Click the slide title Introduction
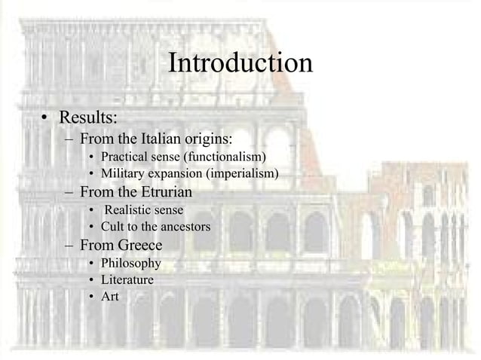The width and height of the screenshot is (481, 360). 240,63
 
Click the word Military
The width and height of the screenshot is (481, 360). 122,174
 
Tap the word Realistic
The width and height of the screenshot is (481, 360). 129,209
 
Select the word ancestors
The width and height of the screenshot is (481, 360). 183,227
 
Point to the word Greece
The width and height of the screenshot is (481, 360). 139,245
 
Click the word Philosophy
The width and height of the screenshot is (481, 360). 131,263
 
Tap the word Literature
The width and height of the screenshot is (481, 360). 127,280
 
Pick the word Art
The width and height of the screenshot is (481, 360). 110,297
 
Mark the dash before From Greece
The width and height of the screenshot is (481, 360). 69,246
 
